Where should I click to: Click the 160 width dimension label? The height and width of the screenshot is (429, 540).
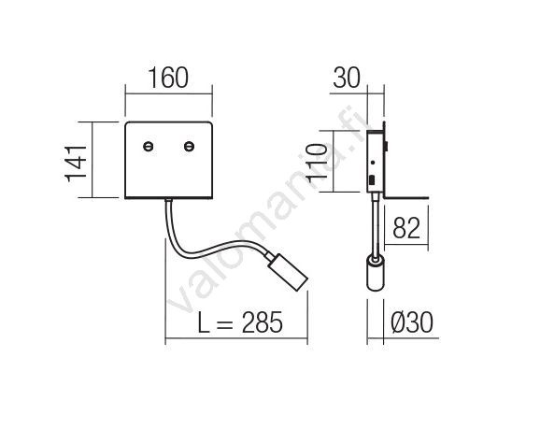[168, 78]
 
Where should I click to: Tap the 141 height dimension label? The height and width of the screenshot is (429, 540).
[76, 164]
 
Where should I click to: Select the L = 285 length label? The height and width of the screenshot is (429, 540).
[240, 322]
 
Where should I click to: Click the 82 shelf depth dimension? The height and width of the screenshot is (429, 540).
[406, 228]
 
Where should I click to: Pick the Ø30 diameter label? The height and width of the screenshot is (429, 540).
[412, 322]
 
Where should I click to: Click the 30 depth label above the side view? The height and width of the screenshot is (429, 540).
[347, 78]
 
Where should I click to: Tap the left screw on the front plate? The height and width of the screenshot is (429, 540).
[149, 146]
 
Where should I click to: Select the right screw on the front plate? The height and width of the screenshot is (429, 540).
[189, 146]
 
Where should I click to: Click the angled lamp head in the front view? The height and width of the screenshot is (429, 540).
[288, 272]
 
